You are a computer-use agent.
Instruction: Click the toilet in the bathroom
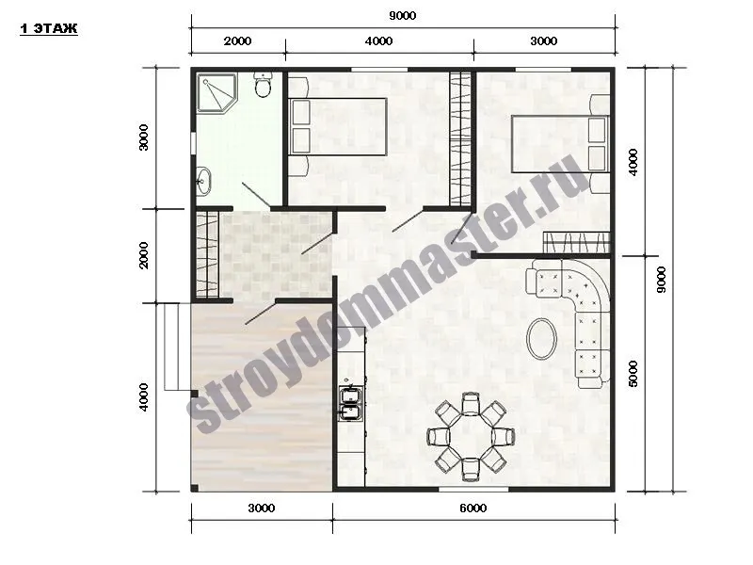tap(263, 85)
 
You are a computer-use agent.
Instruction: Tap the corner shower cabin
tap(216, 92)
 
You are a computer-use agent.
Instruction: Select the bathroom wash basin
tap(202, 181)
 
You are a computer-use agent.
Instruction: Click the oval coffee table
tap(542, 338)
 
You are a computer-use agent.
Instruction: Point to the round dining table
tap(471, 437)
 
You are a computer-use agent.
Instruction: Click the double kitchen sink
tap(350, 403)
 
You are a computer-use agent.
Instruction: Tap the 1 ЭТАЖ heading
tap(49, 29)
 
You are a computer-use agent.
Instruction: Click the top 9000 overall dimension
tap(403, 15)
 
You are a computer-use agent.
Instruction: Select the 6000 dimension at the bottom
tap(473, 508)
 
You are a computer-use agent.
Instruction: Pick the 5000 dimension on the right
tap(633, 373)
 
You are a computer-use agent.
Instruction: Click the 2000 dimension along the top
tap(237, 40)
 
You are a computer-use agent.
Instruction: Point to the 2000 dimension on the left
tap(144, 255)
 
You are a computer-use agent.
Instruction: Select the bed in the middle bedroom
tap(338, 127)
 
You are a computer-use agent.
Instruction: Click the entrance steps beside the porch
tap(171, 347)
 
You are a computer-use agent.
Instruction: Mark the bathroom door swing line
tap(256, 196)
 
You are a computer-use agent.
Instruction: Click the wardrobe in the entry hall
tap(207, 255)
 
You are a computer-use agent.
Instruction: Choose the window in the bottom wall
tap(473, 489)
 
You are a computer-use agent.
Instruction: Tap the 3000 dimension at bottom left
tap(262, 508)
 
